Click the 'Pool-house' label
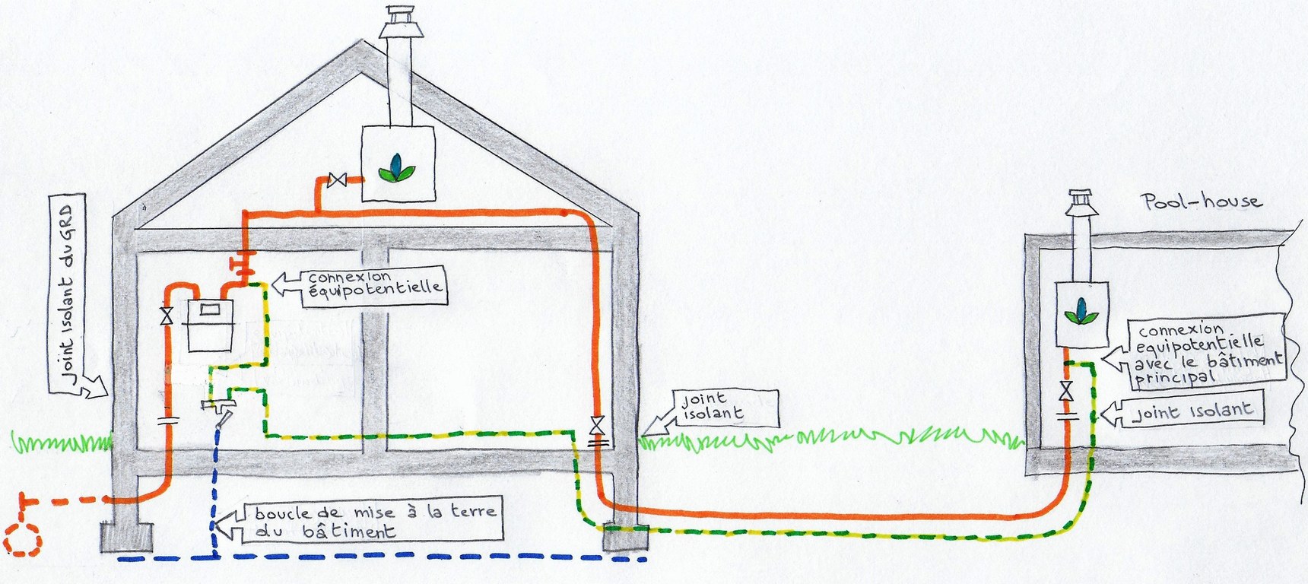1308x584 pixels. click(1201, 202)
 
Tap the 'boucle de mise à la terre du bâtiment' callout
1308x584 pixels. click(373, 522)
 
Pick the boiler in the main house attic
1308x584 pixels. click(397, 163)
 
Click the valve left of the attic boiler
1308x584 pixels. click(335, 181)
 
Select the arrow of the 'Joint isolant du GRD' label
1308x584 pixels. click(95, 388)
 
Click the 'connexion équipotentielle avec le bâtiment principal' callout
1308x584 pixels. click(1205, 353)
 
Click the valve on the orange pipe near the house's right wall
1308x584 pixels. click(597, 423)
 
